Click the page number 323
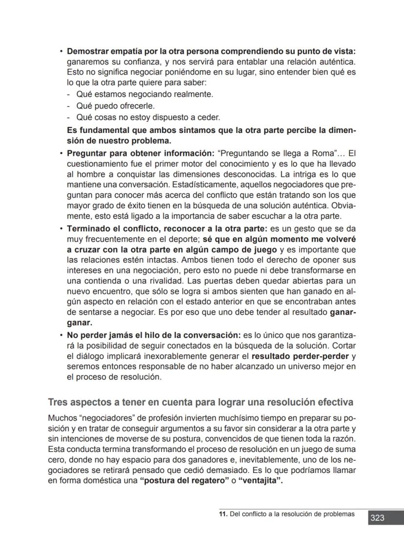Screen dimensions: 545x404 (x=377, y=518)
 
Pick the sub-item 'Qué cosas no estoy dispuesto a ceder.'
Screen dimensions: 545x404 (x=148, y=117)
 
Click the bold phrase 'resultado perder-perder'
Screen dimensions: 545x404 (x=300, y=356)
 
